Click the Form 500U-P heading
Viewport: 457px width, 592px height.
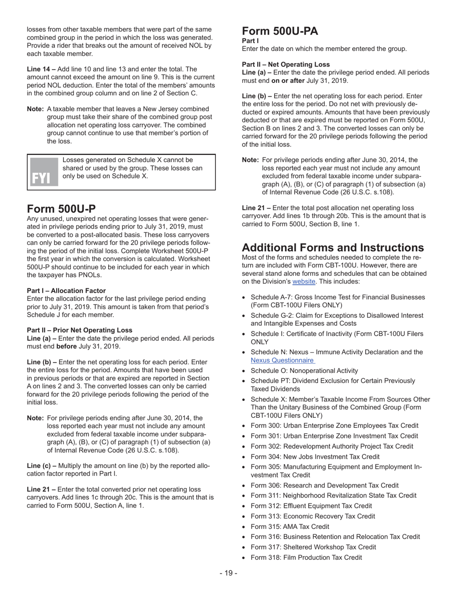[x=61, y=209]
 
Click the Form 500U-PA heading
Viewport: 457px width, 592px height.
[x=280, y=31]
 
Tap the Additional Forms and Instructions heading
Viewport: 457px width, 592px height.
[x=332, y=248]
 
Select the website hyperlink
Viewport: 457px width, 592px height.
[x=304, y=282]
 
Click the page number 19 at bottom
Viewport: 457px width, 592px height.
[x=228, y=573]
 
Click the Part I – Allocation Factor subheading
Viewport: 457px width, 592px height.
[x=66, y=291]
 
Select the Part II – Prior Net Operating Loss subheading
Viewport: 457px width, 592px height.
[x=79, y=330]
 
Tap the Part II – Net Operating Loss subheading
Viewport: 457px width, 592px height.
[x=286, y=64]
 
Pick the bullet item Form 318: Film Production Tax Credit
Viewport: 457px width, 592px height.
[x=306, y=557]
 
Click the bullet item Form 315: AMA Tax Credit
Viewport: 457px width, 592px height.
[x=290, y=527]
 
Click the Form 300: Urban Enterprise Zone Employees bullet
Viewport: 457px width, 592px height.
[x=334, y=425]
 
